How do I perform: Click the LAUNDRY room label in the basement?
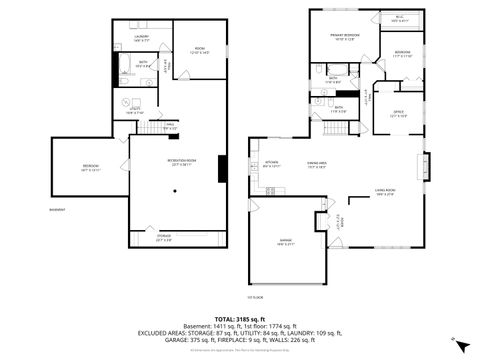[x=142, y=37]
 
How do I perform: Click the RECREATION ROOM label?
[x=181, y=163]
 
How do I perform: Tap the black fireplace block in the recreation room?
[x=221, y=169]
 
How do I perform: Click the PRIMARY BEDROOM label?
[x=345, y=37]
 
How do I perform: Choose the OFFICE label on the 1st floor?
[x=397, y=113]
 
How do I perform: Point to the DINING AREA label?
[x=318, y=165]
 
